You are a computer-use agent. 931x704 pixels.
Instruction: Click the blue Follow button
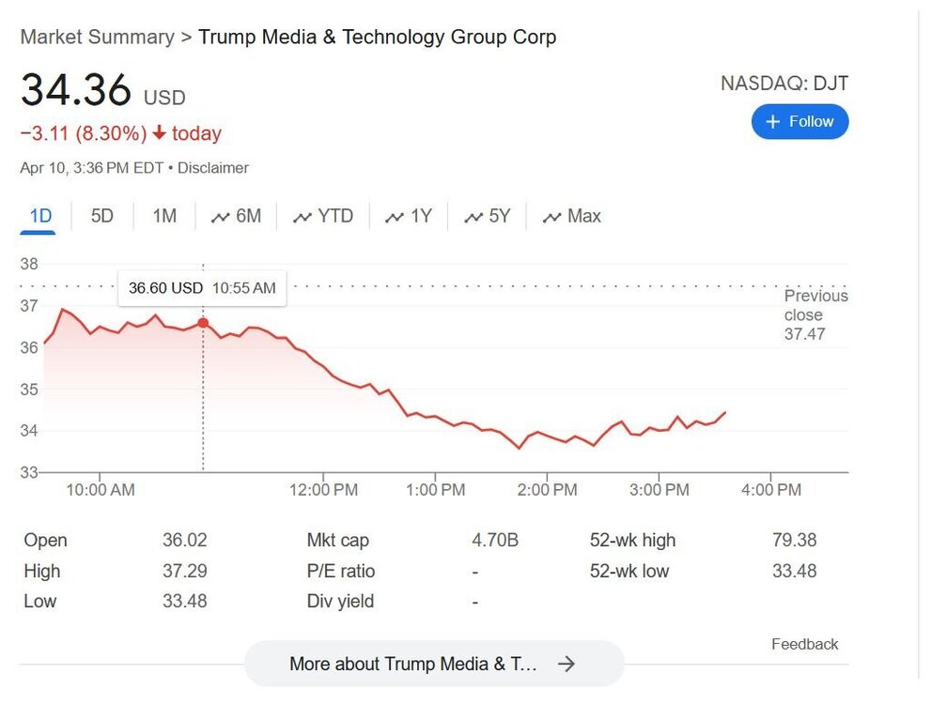point(799,122)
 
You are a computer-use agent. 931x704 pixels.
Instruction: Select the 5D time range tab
point(101,217)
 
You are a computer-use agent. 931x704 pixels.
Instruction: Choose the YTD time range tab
point(323,217)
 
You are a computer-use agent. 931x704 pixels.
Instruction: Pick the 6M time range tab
point(236,217)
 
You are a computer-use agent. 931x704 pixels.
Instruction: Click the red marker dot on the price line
point(203,323)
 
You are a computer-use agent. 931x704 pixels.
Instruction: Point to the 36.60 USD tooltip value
point(165,288)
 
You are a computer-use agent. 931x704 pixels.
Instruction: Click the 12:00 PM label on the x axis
point(323,490)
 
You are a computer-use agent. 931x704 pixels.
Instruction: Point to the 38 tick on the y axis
point(29,265)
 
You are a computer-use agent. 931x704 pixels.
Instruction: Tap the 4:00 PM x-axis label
point(770,490)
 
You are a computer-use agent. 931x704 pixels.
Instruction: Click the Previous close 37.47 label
point(815,315)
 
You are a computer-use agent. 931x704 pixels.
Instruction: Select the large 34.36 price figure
point(76,91)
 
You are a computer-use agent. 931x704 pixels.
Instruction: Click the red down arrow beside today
point(159,134)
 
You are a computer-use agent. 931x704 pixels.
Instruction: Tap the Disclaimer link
point(213,169)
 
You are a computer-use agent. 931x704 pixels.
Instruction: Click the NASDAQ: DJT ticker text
point(784,84)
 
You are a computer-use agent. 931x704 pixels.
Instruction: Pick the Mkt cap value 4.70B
point(494,541)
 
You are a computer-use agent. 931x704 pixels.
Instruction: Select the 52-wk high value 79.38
point(794,541)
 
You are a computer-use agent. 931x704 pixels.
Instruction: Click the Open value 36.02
point(184,541)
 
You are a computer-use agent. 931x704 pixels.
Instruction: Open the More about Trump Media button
point(433,664)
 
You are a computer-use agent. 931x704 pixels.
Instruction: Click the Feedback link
point(804,644)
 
